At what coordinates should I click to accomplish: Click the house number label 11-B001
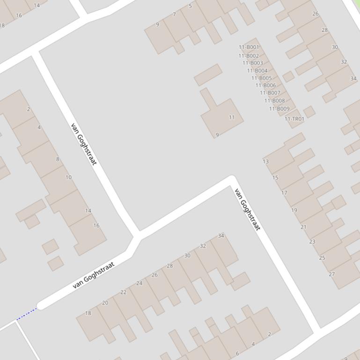pyautogui.click(x=249, y=47)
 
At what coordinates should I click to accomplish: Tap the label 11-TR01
pyautogui.click(x=294, y=119)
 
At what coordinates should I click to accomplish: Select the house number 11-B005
pyautogui.click(x=261, y=78)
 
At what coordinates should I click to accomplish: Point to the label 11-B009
pyautogui.click(x=279, y=109)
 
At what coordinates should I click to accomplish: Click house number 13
pyautogui.click(x=266, y=161)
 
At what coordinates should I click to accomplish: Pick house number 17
pyautogui.click(x=284, y=193)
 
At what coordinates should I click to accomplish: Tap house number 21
pyautogui.click(x=303, y=227)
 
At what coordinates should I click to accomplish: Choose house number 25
pyautogui.click(x=322, y=258)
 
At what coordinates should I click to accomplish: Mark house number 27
pyautogui.click(x=332, y=274)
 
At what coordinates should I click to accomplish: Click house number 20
pyautogui.click(x=105, y=303)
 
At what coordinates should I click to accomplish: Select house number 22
pyautogui.click(x=123, y=292)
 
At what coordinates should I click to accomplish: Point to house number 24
pyautogui.click(x=139, y=283)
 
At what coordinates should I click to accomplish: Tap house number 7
pyautogui.click(x=174, y=14)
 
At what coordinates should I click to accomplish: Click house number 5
pyautogui.click(x=190, y=6)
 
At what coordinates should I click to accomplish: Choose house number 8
pyautogui.click(x=58, y=159)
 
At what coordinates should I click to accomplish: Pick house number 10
pyautogui.click(x=68, y=177)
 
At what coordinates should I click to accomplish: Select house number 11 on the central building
pyautogui.click(x=232, y=117)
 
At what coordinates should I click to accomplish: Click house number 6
pyautogui.click(x=237, y=353)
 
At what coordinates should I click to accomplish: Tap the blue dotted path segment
pyautogui.click(x=27, y=314)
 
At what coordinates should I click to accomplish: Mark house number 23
pyautogui.click(x=312, y=242)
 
